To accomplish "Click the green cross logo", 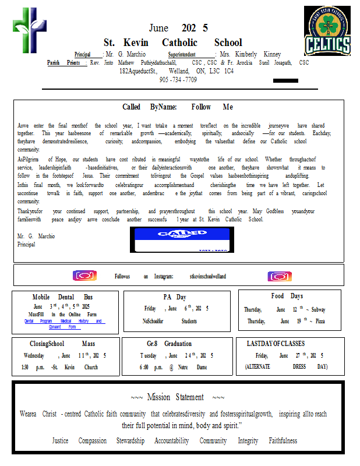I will [29, 30].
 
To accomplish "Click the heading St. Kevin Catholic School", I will [172, 43].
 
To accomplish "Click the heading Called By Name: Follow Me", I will [178, 107].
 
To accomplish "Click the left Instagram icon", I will [84, 276].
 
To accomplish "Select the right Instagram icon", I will [280, 276].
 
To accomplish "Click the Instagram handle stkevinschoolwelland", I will [208, 277].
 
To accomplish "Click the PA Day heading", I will [175, 296].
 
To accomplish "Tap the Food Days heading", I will [287, 296].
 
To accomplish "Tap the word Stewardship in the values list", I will [130, 441].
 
